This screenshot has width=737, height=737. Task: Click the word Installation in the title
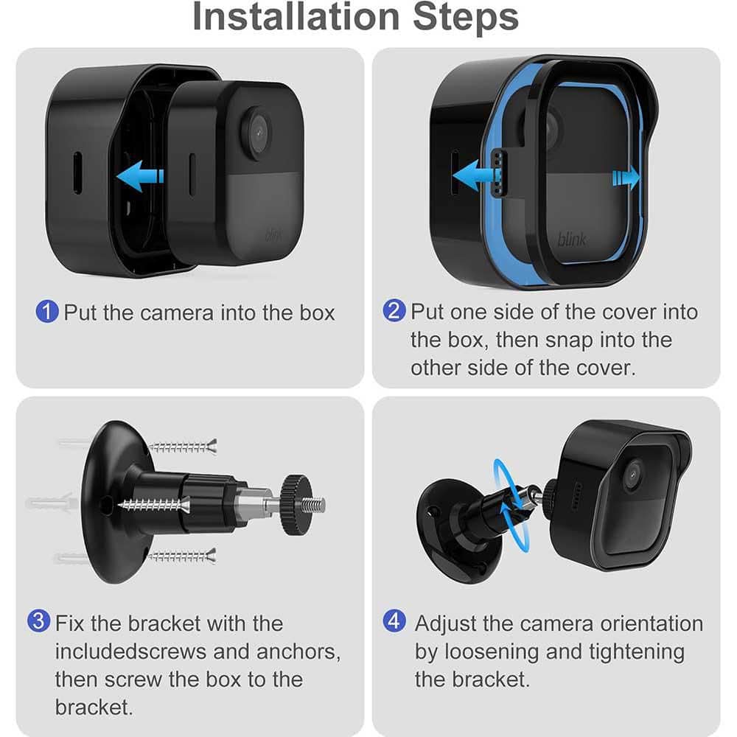(x=296, y=18)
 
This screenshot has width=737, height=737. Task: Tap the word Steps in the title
(x=465, y=18)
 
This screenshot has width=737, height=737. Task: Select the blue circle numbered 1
(x=46, y=312)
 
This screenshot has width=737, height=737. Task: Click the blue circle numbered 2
(x=394, y=311)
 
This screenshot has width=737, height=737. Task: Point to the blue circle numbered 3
(x=39, y=622)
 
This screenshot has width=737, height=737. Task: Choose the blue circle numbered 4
(x=394, y=622)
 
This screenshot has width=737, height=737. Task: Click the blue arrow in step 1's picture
(x=140, y=175)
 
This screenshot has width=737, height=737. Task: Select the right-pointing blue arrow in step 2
(x=625, y=176)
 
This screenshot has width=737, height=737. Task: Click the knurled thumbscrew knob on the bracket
(x=294, y=505)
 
